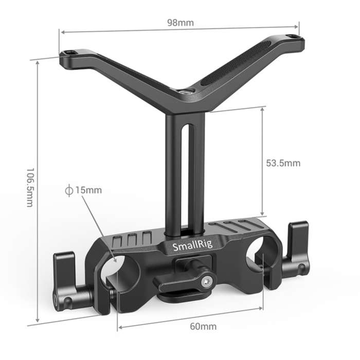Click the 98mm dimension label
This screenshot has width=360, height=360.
click(x=179, y=23)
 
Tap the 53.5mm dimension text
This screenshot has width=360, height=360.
click(x=283, y=164)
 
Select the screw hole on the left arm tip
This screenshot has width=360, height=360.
click(x=68, y=53)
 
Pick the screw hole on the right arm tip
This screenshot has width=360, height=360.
click(x=293, y=37)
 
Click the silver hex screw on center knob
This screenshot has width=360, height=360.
click(x=207, y=281)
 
